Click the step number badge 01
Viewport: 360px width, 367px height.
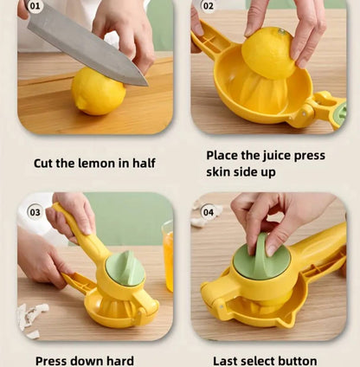[x=34, y=6]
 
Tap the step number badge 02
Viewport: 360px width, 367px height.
[x=207, y=6]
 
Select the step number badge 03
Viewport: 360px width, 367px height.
[x=35, y=212]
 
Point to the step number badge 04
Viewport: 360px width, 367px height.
[x=208, y=212]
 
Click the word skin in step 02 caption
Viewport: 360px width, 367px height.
[x=221, y=172]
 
